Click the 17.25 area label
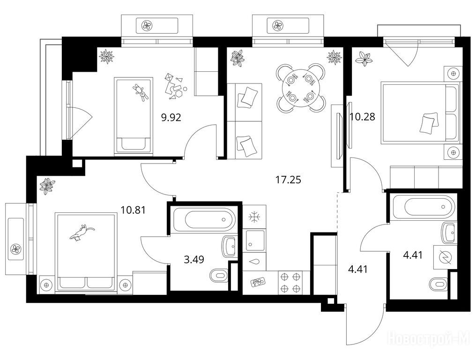click(288, 180)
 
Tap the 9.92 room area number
click(171, 117)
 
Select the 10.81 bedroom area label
click(133, 210)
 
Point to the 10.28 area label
click(362, 116)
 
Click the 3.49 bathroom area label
click(194, 259)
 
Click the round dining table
click(300, 88)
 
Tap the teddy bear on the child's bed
click(141, 92)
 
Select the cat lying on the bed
click(82, 232)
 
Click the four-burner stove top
click(290, 283)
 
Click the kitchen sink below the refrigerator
click(255, 240)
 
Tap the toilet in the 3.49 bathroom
click(219, 276)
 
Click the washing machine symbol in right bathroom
click(446, 257)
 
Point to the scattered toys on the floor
click(175, 87)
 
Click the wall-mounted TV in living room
click(338, 135)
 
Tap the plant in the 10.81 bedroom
click(47, 186)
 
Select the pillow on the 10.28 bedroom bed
click(429, 123)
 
